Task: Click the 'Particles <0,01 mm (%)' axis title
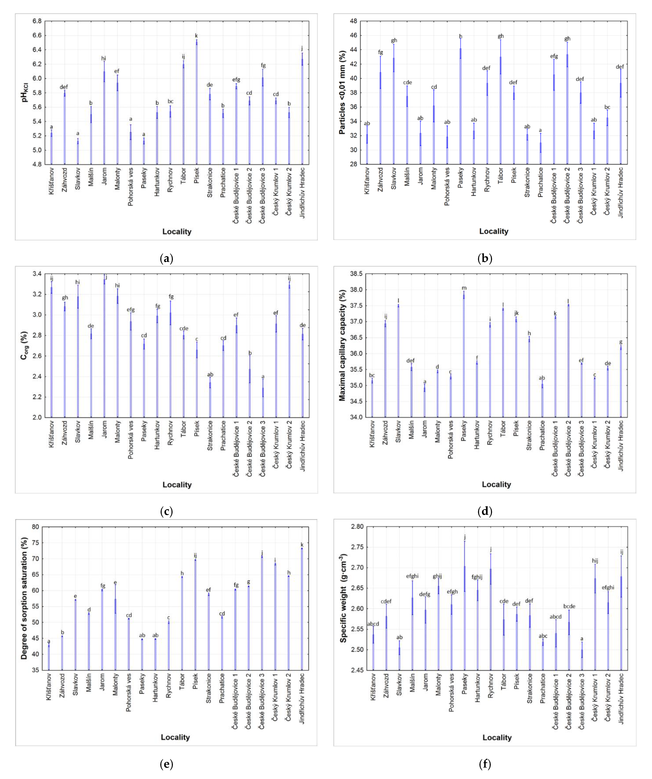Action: [x=343, y=93]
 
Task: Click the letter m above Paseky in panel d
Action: [x=464, y=288]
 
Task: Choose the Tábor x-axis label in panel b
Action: [x=500, y=178]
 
